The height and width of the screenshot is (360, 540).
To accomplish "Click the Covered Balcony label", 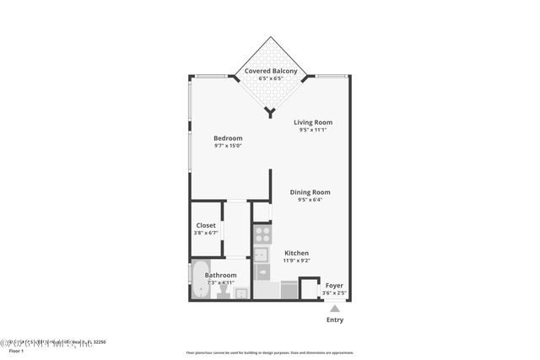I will pyautogui.click(x=270, y=71).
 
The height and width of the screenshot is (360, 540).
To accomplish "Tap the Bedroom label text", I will pyautogui.click(x=228, y=138).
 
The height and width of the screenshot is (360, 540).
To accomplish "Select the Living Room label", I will pyautogui.click(x=312, y=122).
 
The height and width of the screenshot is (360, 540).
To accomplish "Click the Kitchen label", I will pyautogui.click(x=296, y=253).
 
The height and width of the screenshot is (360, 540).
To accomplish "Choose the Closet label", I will pyautogui.click(x=206, y=225).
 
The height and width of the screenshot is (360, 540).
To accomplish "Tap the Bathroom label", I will pyautogui.click(x=220, y=275).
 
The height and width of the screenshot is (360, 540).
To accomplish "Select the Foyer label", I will pyautogui.click(x=335, y=286).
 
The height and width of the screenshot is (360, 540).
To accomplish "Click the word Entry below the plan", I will pyautogui.click(x=335, y=320).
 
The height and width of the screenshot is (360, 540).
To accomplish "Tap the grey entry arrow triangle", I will pyautogui.click(x=335, y=309).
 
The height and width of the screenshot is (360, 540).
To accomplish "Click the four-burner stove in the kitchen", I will pyautogui.click(x=262, y=234).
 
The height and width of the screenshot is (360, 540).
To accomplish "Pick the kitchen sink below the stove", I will pyautogui.click(x=262, y=254).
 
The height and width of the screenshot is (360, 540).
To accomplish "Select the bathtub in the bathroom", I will pyautogui.click(x=198, y=282).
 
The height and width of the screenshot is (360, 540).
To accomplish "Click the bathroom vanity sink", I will pyautogui.click(x=240, y=293).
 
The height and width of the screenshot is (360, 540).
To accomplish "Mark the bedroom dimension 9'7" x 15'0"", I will pyautogui.click(x=228, y=146).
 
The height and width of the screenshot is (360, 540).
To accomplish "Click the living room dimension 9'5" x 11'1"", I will pyautogui.click(x=312, y=130).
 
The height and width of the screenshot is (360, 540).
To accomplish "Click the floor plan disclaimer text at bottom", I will pyautogui.click(x=269, y=352).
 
